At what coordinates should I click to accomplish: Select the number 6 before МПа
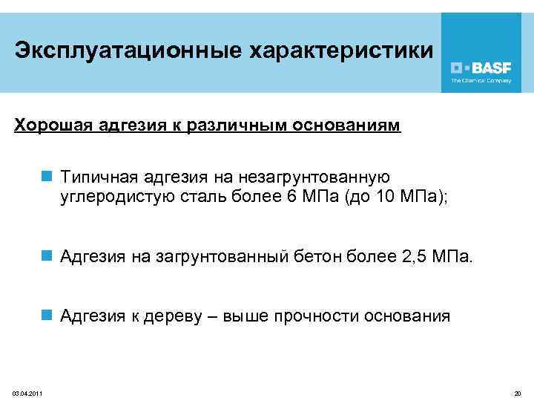[290, 197]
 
